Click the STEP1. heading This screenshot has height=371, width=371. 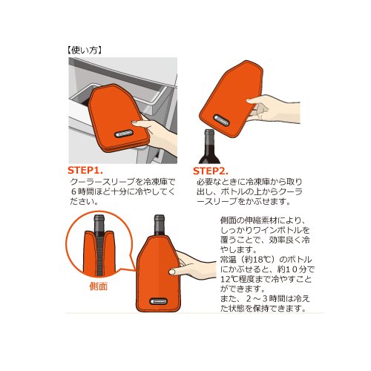[85, 171]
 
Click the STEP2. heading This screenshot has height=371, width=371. [210, 171]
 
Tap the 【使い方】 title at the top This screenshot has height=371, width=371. [85, 50]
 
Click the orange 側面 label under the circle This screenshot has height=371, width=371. [99, 286]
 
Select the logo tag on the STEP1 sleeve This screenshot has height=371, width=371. [123, 134]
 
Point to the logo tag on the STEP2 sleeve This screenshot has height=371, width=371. [221, 120]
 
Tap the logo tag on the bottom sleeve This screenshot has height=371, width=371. [159, 301]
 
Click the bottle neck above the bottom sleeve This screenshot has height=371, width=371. [160, 225]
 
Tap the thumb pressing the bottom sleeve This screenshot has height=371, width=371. [174, 272]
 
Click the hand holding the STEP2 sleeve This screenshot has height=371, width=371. [273, 109]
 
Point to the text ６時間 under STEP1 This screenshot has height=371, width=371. [83, 191]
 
